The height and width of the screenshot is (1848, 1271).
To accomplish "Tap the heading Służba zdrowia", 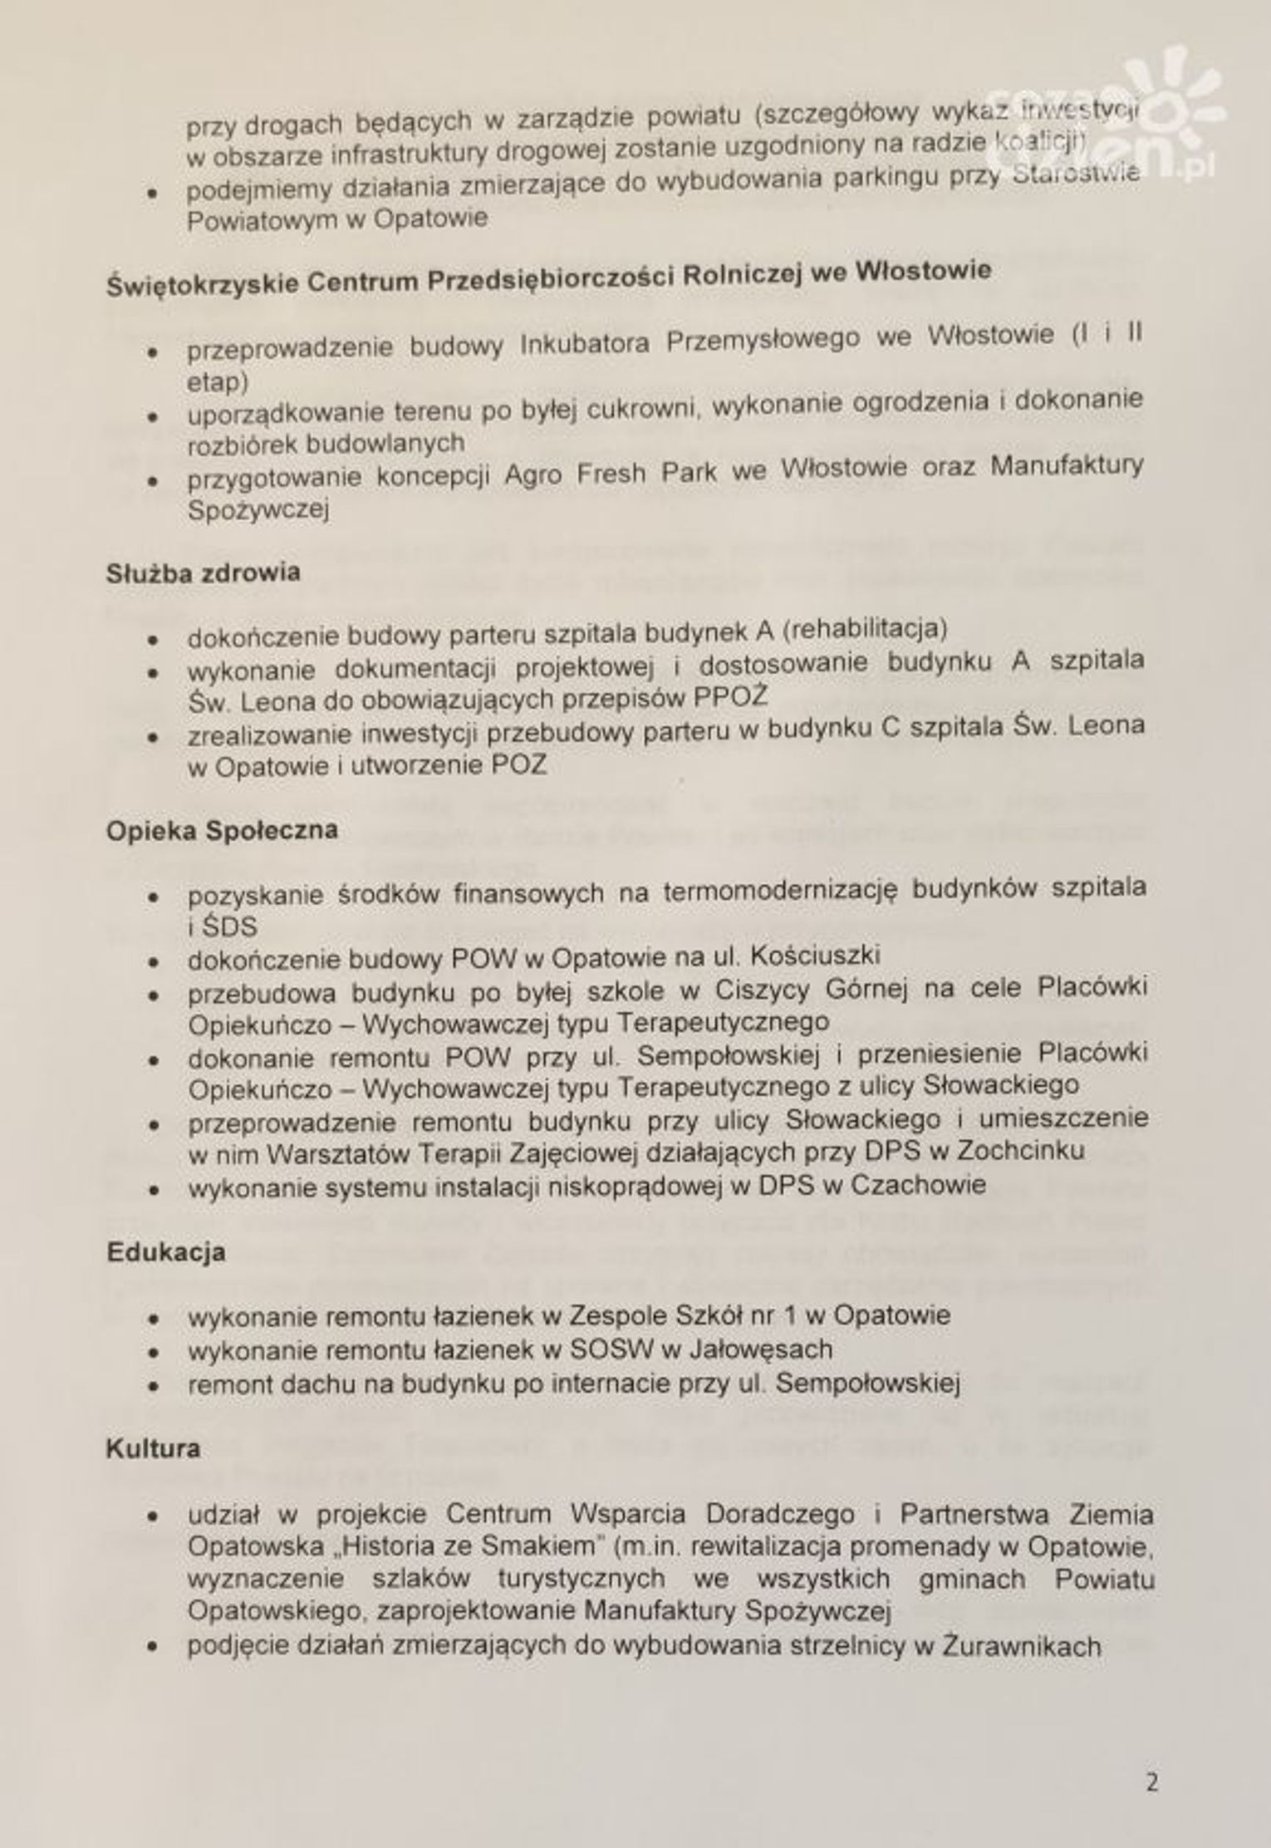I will (203, 573).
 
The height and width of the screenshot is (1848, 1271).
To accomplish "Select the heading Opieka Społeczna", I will (222, 830).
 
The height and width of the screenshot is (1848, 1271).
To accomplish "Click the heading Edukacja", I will (166, 1251).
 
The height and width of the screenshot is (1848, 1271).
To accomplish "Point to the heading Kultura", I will (153, 1448).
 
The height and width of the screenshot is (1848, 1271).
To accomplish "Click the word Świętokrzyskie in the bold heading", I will (202, 285).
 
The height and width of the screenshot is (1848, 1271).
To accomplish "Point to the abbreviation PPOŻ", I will (730, 696).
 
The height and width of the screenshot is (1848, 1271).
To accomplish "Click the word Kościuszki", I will (815, 956).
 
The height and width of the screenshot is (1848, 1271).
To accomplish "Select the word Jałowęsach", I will (760, 1349).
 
